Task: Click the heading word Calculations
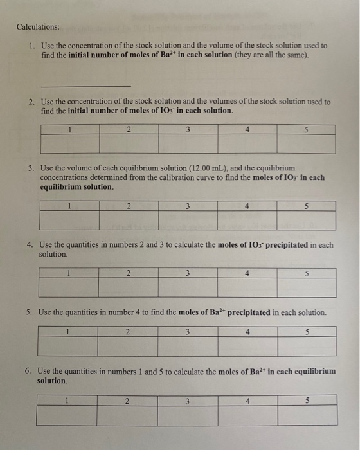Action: point(38,27)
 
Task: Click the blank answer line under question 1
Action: point(85,85)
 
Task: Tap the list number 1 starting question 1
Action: point(31,46)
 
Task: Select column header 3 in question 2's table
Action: point(187,129)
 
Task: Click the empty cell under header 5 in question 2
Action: point(306,143)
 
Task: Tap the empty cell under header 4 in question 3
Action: point(247,221)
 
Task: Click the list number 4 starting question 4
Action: point(30,245)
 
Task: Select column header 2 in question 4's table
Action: point(128,273)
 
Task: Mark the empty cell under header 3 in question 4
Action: point(187,287)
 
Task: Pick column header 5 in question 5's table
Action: point(307,332)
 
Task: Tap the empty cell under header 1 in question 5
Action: point(67,346)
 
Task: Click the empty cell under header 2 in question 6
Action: point(127,417)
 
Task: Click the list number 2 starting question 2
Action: point(31,102)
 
